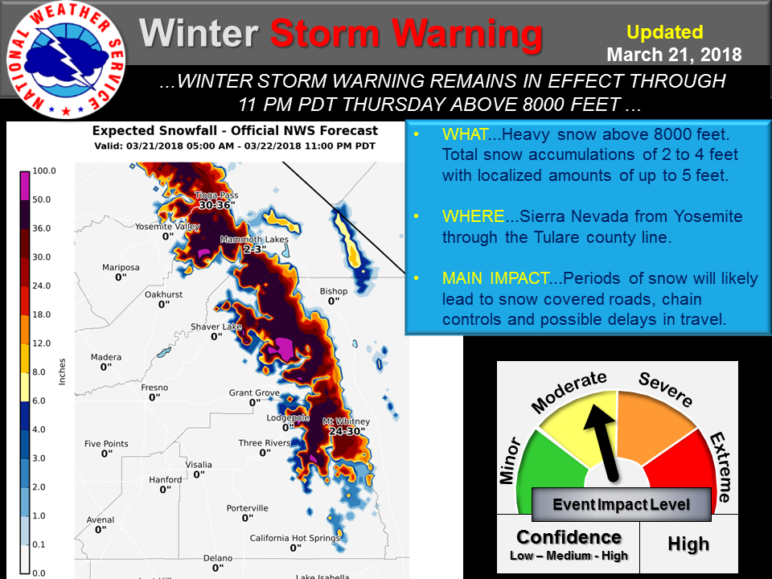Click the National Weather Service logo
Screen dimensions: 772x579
pos(66,60)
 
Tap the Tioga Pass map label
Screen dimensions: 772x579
pos(216,195)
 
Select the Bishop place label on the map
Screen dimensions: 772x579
pos(333,291)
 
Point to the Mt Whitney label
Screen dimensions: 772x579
pos(346,421)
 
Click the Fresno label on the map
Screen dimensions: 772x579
pos(154,388)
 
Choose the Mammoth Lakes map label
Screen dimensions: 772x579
pos(254,240)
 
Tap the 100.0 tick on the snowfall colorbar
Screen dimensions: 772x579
pos(43,170)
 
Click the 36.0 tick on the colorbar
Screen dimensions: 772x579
pos(41,228)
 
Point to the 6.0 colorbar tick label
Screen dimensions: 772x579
pos(39,400)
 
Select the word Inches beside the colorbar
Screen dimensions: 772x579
pos(62,372)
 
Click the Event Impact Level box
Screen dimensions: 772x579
pos(622,504)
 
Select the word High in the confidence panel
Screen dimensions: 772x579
pos(688,544)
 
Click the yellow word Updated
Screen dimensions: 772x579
pos(665,32)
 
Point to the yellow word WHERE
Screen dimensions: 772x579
pos(473,216)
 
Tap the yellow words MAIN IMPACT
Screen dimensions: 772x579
pos(495,278)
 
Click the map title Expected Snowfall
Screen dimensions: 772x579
pos(154,130)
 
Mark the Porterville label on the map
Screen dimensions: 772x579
pos(247,508)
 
